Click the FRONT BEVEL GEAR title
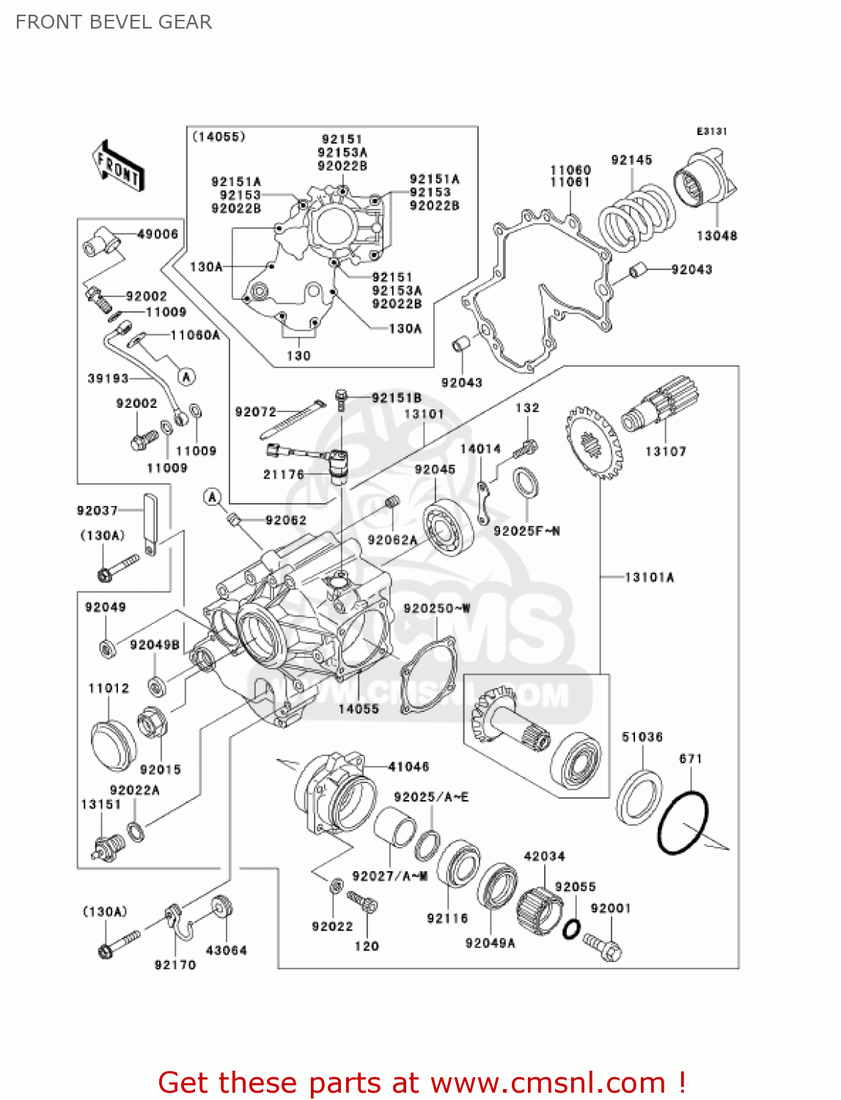(114, 22)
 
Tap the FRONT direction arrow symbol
(118, 166)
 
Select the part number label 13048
(716, 235)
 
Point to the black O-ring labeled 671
(683, 821)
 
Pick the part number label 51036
(642, 737)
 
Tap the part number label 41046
(408, 766)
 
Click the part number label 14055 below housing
(359, 708)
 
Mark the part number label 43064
(227, 950)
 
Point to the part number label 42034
(544, 856)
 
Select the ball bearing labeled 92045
(448, 527)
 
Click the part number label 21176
(283, 474)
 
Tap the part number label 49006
(158, 234)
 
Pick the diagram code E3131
(711, 131)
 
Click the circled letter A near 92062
(213, 497)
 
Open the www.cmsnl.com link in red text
(548, 1082)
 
